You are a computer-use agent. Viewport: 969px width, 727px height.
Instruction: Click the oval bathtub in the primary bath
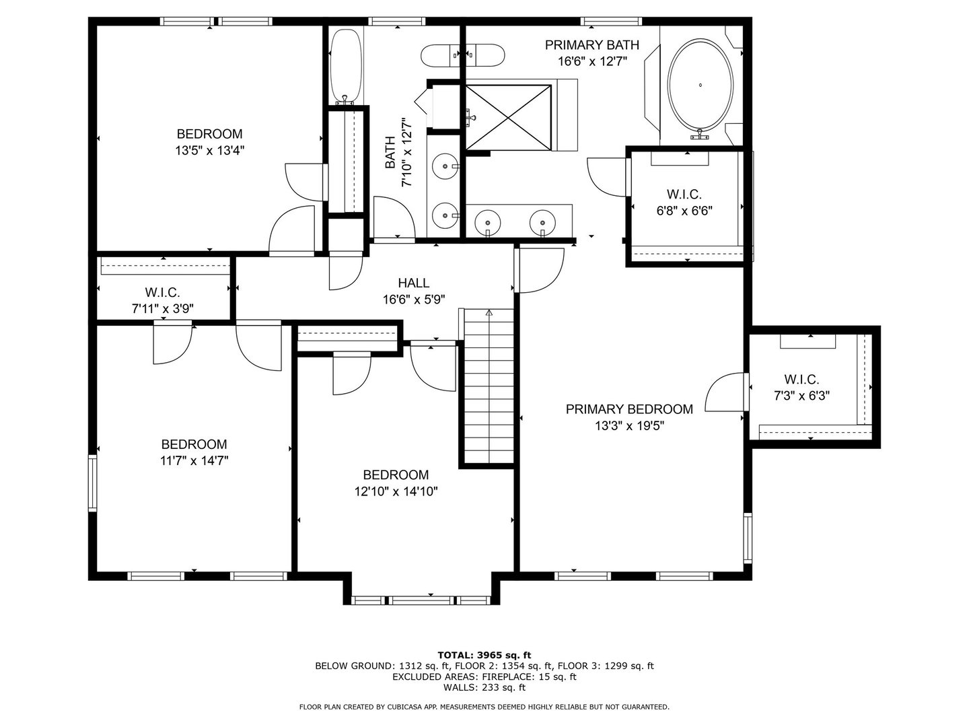point(701,86)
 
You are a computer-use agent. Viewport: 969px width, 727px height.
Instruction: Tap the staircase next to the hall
point(487,387)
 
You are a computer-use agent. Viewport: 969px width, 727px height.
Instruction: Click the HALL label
point(413,283)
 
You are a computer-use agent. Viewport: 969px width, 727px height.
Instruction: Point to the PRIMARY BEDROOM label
point(629,409)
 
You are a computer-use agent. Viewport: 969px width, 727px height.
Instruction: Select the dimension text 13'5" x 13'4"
point(209,151)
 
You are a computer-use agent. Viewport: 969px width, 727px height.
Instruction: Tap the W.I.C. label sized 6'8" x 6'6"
point(684,195)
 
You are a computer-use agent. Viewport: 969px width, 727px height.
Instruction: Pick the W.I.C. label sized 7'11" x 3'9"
point(162,293)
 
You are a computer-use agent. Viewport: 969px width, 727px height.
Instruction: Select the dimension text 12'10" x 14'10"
point(396,491)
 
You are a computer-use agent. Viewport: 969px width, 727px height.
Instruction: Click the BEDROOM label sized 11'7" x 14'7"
point(194,444)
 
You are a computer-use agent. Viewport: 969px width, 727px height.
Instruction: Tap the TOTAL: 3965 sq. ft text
point(484,654)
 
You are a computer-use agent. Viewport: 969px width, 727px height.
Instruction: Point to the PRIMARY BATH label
point(591,45)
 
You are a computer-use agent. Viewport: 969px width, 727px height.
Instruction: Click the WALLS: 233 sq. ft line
point(484,687)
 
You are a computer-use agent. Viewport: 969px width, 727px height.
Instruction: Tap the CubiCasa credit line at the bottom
point(484,707)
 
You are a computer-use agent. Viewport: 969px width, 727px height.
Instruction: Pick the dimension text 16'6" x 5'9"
point(413,300)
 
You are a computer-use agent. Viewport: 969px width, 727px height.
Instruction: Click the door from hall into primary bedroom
point(540,271)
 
